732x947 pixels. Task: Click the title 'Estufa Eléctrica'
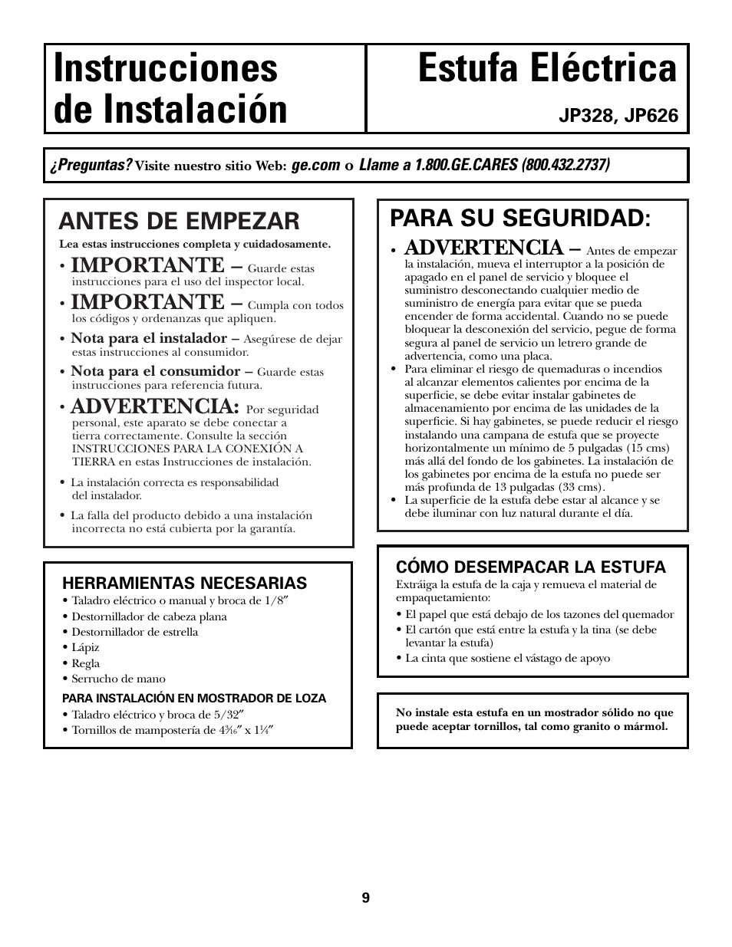coord(548,69)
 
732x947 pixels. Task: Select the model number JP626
coord(651,116)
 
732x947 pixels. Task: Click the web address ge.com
coord(315,166)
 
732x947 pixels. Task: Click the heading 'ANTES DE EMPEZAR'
coord(180,221)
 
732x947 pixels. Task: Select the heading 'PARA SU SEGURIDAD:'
coord(520,218)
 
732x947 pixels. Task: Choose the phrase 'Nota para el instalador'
coord(149,338)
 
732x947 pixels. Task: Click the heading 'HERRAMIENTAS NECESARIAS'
coord(184,583)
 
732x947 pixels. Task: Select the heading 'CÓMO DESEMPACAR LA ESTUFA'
coord(531,567)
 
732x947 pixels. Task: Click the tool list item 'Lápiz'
coord(85,648)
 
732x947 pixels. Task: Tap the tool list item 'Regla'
coord(86,663)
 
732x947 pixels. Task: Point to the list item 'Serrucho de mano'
coord(118,679)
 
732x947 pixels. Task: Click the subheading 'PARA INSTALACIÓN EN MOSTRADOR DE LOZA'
coord(194,699)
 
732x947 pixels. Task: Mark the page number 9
coord(366,898)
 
